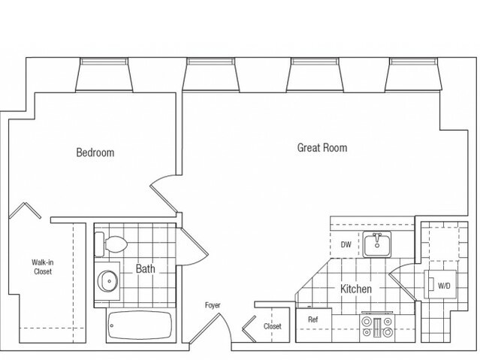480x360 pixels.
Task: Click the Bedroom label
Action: coord(95,153)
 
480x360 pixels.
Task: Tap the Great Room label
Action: coord(322,148)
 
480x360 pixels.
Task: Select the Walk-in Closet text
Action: coord(41,267)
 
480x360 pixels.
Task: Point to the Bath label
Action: coord(146,268)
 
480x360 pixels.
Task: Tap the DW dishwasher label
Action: coord(346,244)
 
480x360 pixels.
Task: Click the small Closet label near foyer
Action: coord(272,327)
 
